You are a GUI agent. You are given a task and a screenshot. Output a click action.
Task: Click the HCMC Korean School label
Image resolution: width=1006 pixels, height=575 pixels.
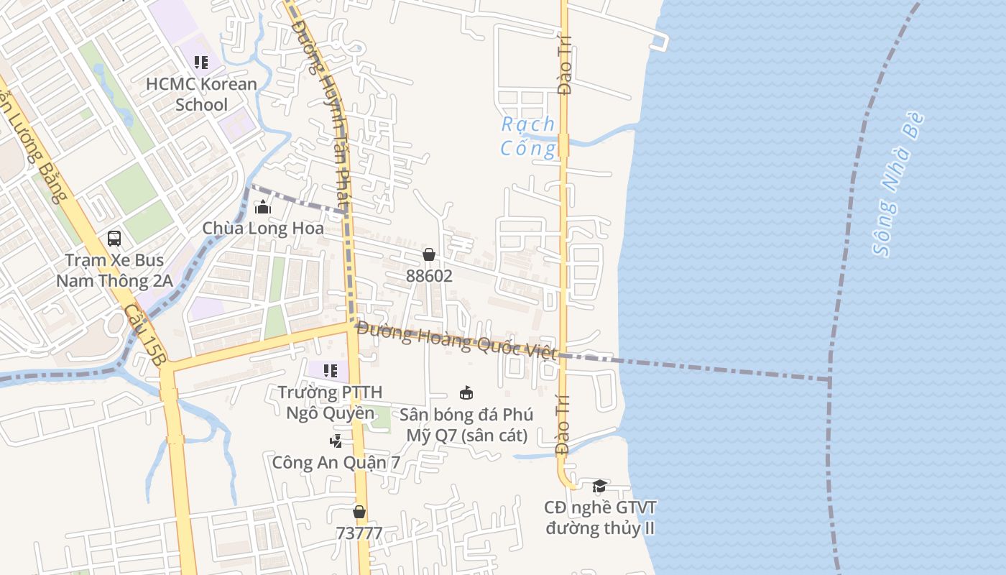click(x=201, y=94)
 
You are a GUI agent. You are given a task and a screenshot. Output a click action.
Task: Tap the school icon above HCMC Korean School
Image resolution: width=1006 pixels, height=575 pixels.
click(x=201, y=63)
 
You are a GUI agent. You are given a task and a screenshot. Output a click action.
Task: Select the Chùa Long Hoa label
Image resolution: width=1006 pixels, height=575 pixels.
click(x=263, y=229)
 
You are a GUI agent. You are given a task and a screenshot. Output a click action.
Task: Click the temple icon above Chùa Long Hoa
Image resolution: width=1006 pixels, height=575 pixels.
click(x=263, y=208)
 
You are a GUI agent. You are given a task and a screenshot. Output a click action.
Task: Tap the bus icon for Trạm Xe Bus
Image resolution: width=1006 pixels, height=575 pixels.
click(x=114, y=238)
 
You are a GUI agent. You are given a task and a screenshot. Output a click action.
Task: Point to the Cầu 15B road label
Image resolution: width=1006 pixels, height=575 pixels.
click(x=142, y=335)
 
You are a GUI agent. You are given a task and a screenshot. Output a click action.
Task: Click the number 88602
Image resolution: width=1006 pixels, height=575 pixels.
click(x=429, y=275)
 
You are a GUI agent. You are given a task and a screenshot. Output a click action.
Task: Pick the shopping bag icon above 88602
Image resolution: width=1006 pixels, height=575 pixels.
click(x=429, y=254)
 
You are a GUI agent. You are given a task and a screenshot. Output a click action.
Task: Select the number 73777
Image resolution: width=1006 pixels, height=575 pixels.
click(x=359, y=533)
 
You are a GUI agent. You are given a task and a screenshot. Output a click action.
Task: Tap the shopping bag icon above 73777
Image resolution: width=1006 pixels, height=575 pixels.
click(x=359, y=512)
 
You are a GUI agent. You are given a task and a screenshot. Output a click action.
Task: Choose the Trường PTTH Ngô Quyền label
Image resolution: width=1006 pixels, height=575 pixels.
click(x=331, y=402)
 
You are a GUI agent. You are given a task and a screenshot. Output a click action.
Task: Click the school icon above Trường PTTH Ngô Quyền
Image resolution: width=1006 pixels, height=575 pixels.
click(x=331, y=371)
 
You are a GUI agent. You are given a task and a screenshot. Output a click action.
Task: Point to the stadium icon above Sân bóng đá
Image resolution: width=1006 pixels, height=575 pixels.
click(x=466, y=392)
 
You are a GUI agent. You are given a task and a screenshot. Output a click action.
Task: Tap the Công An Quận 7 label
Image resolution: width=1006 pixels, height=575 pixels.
click(x=336, y=462)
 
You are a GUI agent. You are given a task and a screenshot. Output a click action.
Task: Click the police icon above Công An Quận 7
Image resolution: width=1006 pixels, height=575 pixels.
click(x=336, y=440)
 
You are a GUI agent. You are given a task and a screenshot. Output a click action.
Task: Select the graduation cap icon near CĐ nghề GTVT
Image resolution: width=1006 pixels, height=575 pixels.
click(x=599, y=487)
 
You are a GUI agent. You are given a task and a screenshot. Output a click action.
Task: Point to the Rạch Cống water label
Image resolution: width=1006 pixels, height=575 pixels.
click(x=529, y=136)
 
